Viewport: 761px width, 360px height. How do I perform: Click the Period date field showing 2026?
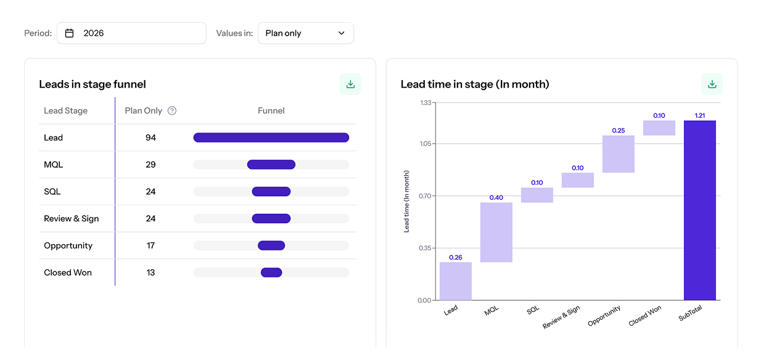[x=131, y=33]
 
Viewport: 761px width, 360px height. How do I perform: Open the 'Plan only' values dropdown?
[x=305, y=33]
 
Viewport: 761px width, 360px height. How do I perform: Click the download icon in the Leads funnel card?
[x=350, y=84]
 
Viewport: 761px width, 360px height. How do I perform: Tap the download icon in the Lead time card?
[x=712, y=84]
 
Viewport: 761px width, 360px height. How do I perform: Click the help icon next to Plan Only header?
[x=172, y=111]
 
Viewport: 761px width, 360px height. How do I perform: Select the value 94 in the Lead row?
[x=150, y=137]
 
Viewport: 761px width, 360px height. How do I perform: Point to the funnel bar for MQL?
[x=271, y=165]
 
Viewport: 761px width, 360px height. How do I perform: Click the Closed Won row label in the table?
[x=68, y=272]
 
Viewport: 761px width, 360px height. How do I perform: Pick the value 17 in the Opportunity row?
[x=150, y=245]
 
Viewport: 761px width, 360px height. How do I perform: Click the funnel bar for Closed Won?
[x=271, y=272]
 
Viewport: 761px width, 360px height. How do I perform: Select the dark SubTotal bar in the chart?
[x=699, y=210]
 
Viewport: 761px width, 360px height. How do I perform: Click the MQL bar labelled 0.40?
[x=496, y=232]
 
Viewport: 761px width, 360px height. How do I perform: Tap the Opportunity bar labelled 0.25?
[x=618, y=154]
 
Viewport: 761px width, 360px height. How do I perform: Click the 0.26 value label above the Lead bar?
[x=455, y=257]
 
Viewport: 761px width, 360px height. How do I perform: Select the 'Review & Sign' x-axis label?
[x=562, y=317]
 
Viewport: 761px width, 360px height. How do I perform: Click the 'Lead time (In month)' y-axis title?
[x=406, y=202]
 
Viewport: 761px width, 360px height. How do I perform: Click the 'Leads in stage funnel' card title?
[x=93, y=84]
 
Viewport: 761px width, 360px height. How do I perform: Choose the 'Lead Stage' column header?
[x=65, y=111]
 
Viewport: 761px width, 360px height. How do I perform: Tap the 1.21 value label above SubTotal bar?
[x=699, y=115]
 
